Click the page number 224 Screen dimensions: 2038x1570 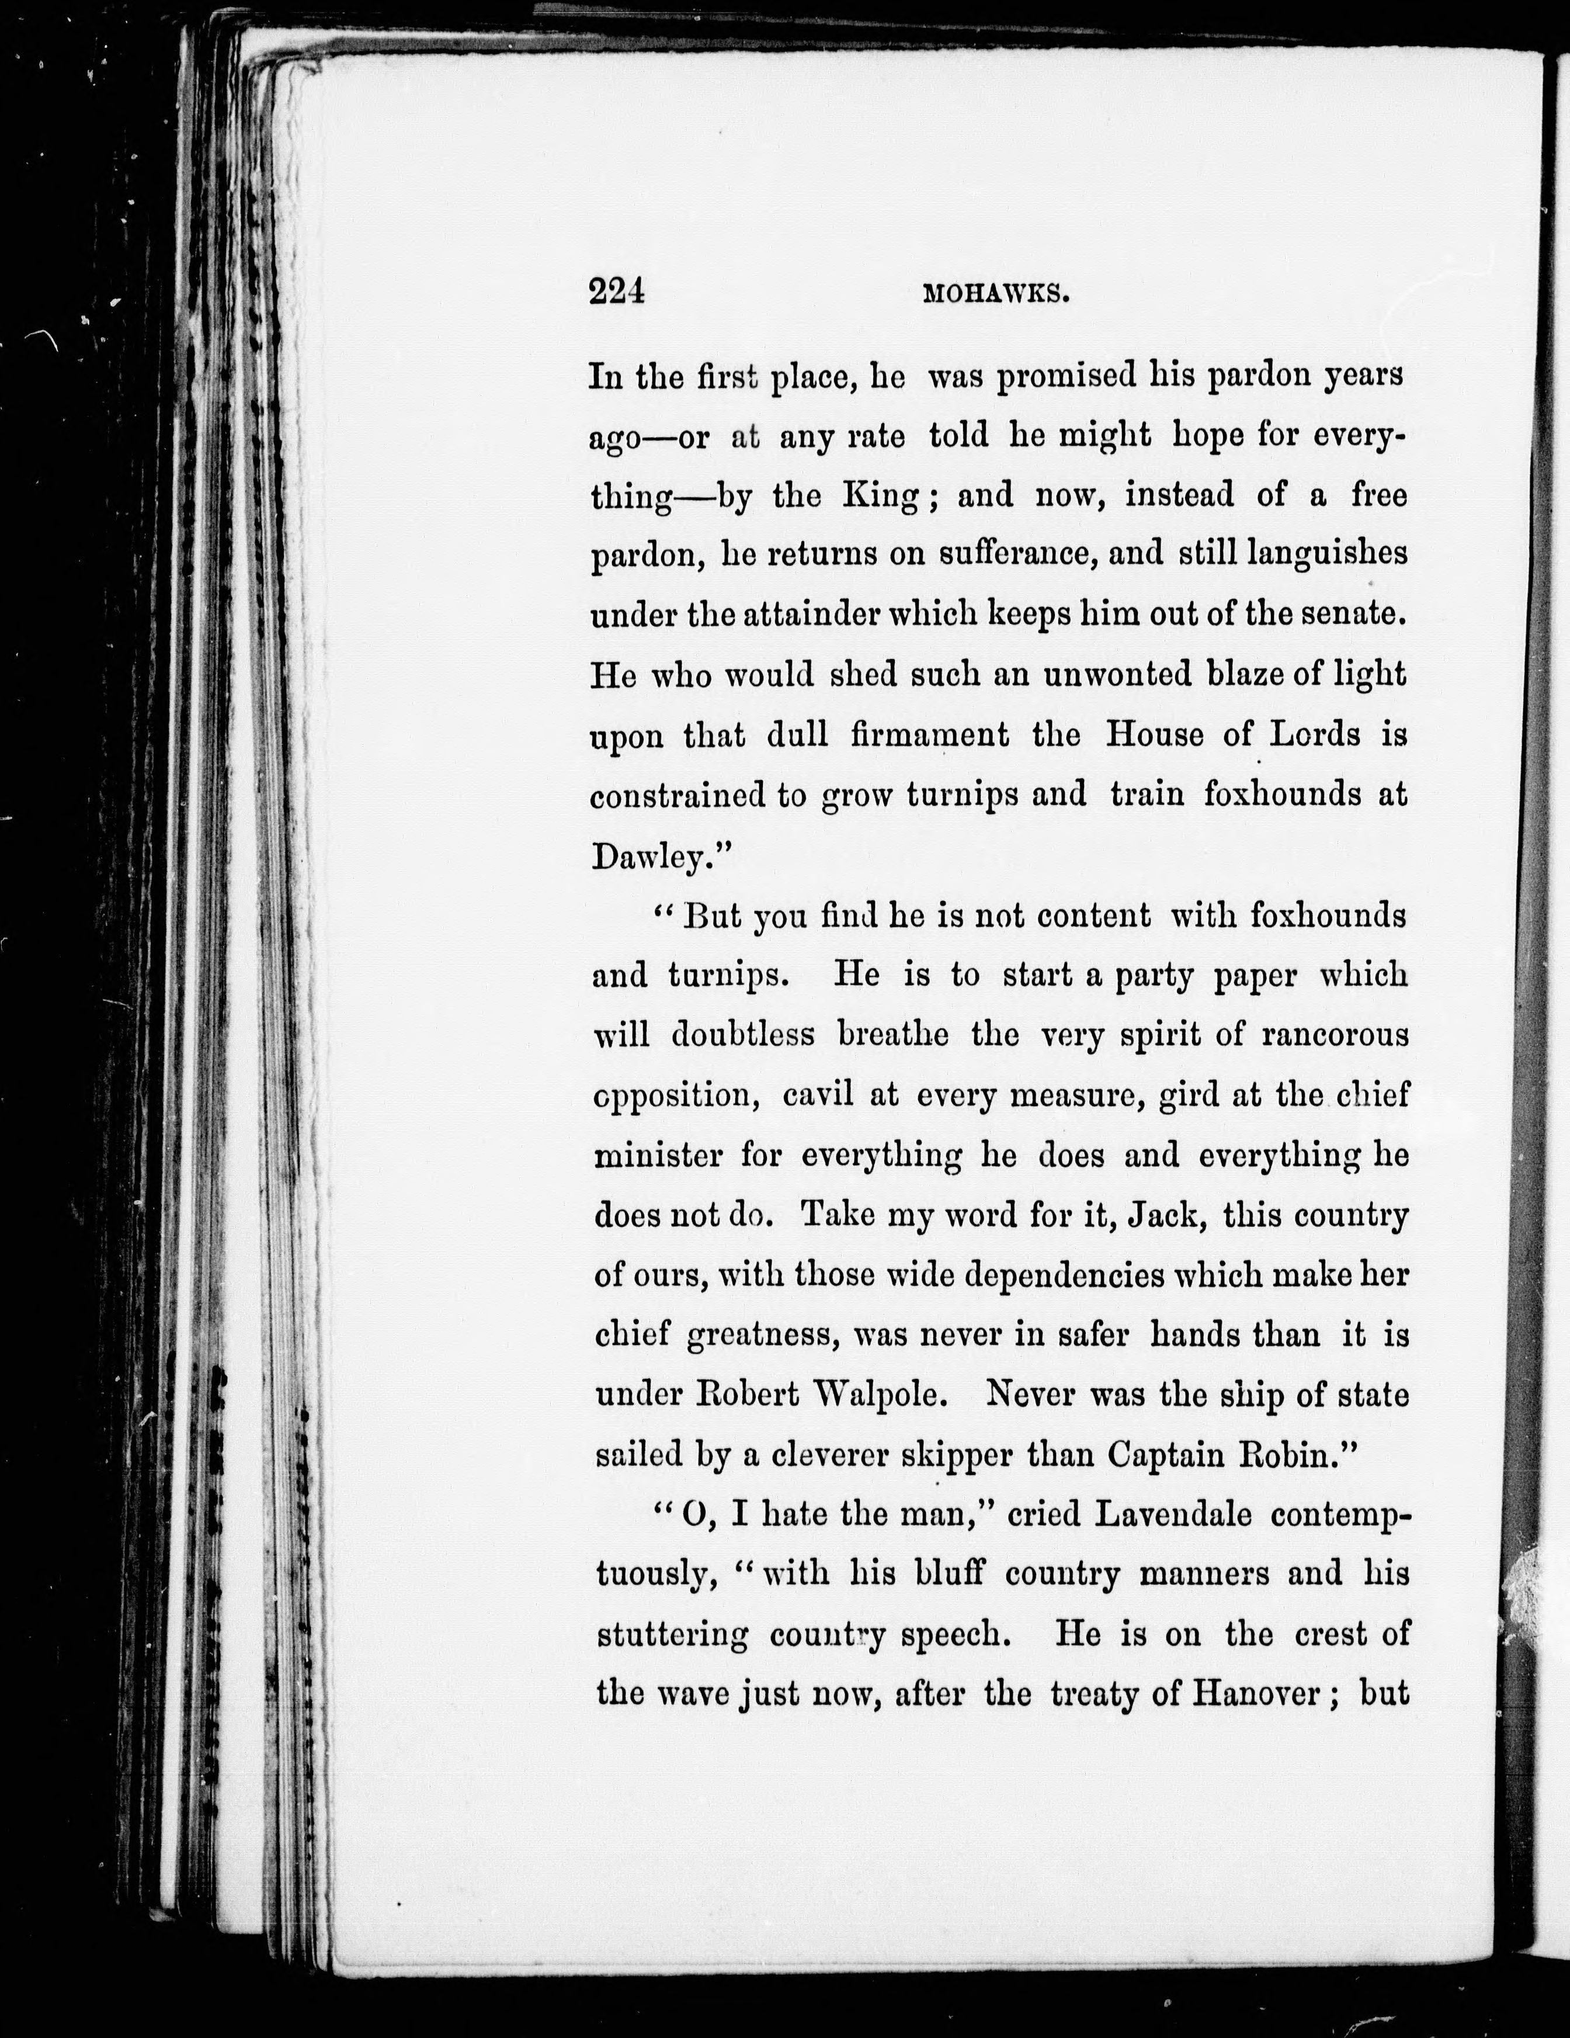tap(617, 292)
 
